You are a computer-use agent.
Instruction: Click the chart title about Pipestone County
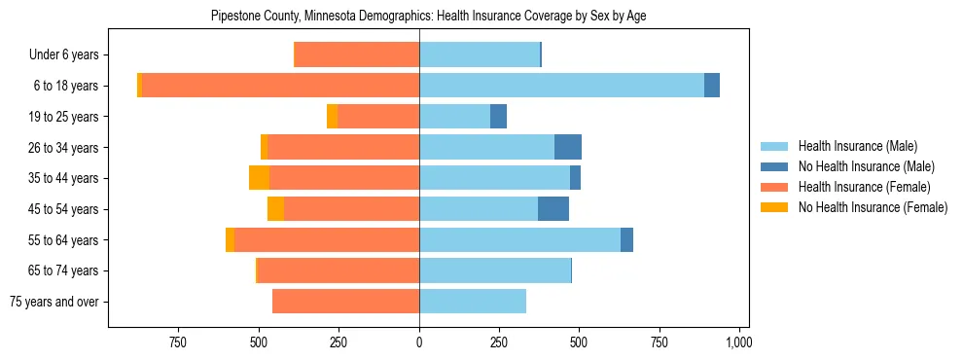pos(429,17)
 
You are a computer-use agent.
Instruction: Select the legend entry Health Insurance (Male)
pos(857,146)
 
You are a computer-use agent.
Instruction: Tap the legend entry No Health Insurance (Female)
pos(872,207)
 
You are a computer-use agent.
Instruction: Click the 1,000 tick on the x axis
pos(738,342)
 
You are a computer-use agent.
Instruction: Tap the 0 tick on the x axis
pos(419,342)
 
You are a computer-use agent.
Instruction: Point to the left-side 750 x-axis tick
pos(178,342)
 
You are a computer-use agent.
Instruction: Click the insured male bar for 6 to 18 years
pos(561,86)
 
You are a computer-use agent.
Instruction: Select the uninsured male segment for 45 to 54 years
pos(553,209)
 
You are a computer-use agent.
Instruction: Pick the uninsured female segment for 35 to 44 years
pos(259,178)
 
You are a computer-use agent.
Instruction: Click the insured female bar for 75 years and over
pos(345,302)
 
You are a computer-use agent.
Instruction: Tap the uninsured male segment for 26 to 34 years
pos(568,147)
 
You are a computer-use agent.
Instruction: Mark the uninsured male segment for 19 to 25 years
pos(498,117)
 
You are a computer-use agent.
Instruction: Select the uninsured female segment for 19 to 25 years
pos(332,117)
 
